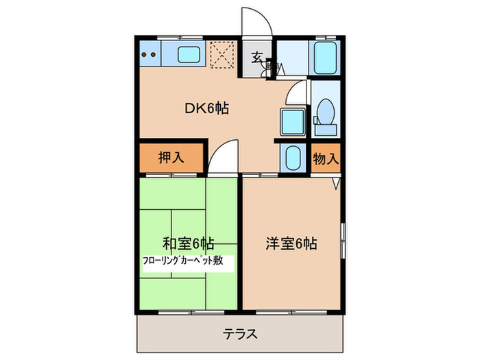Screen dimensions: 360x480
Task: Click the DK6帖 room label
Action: tap(206, 108)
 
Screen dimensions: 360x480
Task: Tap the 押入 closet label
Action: tap(171, 158)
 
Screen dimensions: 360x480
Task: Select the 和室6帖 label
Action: tap(189, 243)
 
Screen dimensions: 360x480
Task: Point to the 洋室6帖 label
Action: tap(291, 243)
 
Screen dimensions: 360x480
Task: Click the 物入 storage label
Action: tap(326, 158)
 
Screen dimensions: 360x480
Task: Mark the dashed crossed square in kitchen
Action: tap(221, 55)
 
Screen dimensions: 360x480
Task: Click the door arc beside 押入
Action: tap(221, 161)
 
